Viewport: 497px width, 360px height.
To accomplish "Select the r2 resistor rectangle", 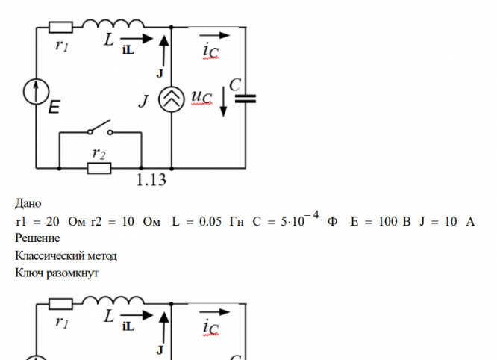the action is coord(99,168).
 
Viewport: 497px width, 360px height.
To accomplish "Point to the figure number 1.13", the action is coord(151,180).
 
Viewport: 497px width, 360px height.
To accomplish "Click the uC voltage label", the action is coord(201,99).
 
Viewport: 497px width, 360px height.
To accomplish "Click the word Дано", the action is coord(28,203).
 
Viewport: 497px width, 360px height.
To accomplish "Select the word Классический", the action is coord(49,256).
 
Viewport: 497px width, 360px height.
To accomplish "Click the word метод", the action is coord(101,256).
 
